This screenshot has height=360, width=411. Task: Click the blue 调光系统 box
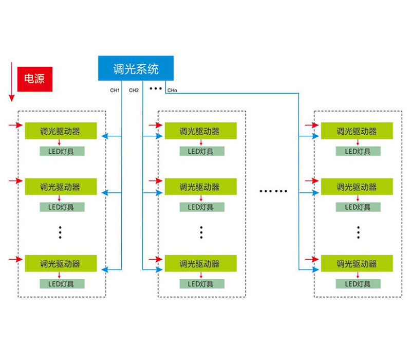pyautogui.click(x=136, y=68)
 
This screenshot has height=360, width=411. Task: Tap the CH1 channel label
pyautogui.click(x=115, y=91)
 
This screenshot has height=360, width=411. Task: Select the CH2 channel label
pyautogui.click(x=134, y=91)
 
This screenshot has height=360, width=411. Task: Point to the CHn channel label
pyautogui.click(x=172, y=91)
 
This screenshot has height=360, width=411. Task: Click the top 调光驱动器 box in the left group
pyautogui.click(x=60, y=131)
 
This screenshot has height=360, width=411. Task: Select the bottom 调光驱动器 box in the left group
pyautogui.click(x=60, y=264)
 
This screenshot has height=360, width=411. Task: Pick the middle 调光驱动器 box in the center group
pyautogui.click(x=200, y=187)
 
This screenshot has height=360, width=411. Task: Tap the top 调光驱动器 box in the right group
pyautogui.click(x=357, y=131)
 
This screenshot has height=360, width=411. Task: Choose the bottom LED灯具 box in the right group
pyautogui.click(x=358, y=284)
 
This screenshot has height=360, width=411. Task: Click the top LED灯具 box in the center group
pyautogui.click(x=201, y=151)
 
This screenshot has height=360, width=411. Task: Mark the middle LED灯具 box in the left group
pyautogui.click(x=62, y=207)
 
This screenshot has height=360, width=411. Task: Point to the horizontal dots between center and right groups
pyautogui.click(x=273, y=191)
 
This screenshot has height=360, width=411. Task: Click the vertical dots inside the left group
pyautogui.click(x=60, y=232)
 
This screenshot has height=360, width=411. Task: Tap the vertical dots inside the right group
pyautogui.click(x=358, y=232)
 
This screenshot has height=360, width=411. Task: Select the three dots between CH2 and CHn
pyautogui.click(x=156, y=88)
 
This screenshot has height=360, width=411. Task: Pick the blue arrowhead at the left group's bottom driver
pyautogui.click(x=105, y=269)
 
